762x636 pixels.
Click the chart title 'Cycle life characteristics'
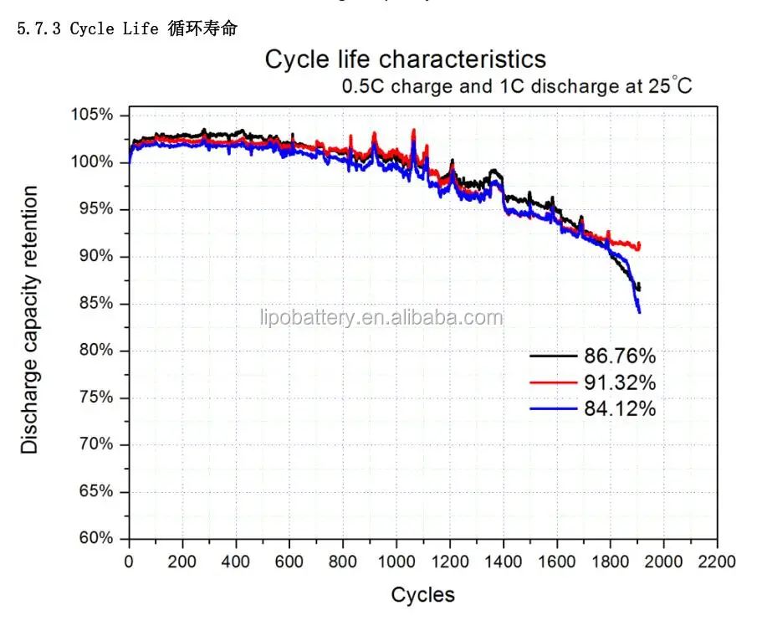tap(406, 59)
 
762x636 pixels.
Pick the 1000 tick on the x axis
tap(396, 562)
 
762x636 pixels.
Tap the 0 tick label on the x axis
tap(129, 562)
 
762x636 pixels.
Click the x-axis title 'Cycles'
tap(423, 595)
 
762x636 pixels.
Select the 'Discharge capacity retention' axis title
tap(30, 321)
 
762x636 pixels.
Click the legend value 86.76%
tap(620, 356)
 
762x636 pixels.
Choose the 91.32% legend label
tap(620, 383)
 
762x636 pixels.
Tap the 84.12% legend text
tap(620, 409)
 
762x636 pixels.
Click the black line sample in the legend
tap(554, 356)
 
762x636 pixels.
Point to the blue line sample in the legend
tap(554, 409)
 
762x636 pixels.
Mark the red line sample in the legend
tap(554, 383)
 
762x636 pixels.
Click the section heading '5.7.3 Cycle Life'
tap(127, 29)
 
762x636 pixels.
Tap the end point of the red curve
tap(640, 245)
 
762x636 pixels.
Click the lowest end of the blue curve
tap(640, 312)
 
